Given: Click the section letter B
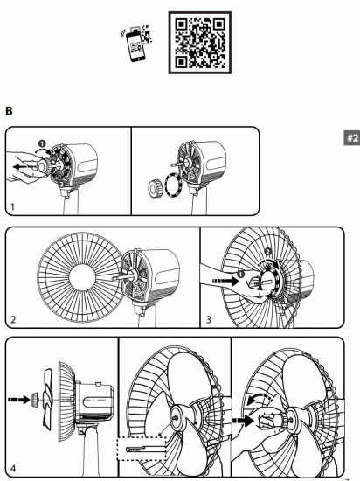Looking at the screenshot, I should (x=10, y=112).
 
